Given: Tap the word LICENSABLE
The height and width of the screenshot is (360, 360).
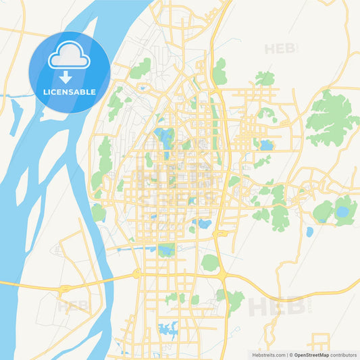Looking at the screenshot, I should [70, 91].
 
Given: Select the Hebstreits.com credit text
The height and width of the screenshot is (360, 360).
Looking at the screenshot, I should [269, 354].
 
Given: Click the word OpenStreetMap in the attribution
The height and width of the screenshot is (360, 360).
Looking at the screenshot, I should [309, 354].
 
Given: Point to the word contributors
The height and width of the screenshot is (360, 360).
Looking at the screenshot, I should [344, 354].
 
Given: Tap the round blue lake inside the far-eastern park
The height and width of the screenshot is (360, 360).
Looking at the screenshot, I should [342, 212].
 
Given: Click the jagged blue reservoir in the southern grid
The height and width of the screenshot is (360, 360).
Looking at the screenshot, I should [167, 330].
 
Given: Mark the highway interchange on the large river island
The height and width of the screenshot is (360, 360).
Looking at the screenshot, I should [64, 288].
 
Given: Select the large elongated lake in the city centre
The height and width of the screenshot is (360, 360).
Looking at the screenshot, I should [164, 138].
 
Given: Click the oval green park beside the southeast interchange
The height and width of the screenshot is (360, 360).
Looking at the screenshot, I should [210, 262].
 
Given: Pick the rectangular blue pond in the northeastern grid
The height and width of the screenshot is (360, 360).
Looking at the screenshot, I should [267, 145].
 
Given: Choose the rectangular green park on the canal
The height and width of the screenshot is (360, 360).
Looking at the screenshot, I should [165, 249].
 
